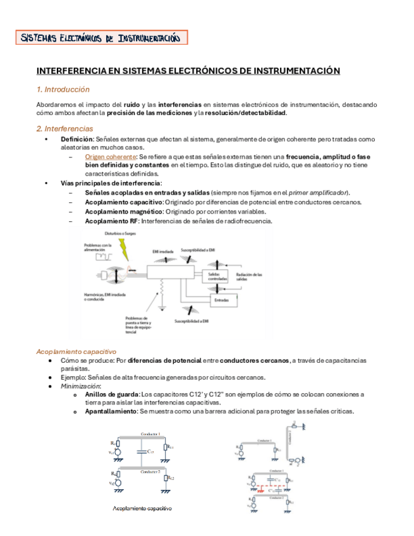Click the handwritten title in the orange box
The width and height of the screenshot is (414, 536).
(x=101, y=39)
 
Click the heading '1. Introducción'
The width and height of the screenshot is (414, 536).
(x=63, y=90)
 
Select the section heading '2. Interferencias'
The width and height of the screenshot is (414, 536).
(x=66, y=128)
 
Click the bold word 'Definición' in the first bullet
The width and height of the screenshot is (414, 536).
(x=76, y=139)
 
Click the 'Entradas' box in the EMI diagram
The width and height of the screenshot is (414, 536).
(x=222, y=300)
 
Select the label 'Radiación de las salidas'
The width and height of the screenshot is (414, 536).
(x=249, y=277)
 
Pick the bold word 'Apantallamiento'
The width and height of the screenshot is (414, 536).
(x=111, y=411)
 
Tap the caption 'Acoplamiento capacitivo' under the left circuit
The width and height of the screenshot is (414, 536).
(x=142, y=508)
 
